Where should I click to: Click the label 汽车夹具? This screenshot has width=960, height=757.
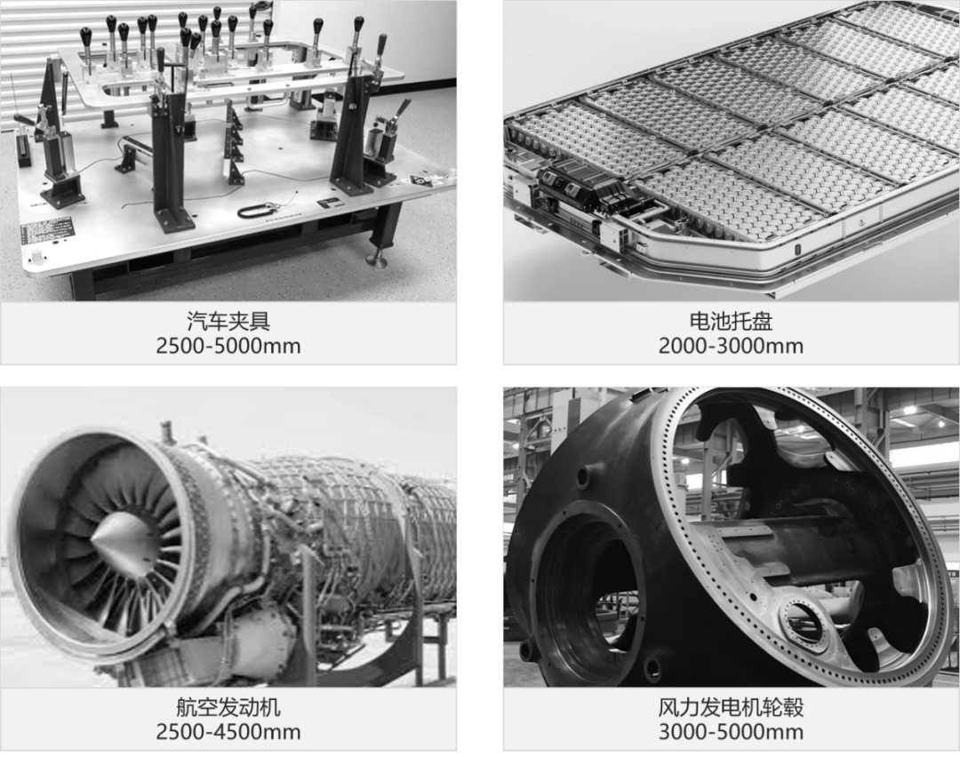pos(228,321)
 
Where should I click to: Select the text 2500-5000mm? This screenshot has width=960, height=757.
pos(228,346)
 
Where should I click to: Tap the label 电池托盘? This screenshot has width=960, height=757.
pos(731,321)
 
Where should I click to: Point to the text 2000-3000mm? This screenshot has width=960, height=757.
pos(731,346)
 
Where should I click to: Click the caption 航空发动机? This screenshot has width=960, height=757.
pos(228,707)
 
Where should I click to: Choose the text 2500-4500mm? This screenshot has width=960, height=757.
pos(228,731)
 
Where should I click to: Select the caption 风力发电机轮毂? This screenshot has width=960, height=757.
pos(731,707)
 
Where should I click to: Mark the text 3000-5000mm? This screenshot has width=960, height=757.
pos(731,731)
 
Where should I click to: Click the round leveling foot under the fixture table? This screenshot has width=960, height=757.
pos(376,262)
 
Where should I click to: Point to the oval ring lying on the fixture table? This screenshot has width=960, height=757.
pos(254,211)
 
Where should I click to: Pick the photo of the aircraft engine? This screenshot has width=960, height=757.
pos(228,537)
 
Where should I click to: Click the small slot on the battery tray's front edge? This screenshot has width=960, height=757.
pos(797,250)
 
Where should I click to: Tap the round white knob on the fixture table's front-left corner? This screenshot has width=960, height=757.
pos(36,257)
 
